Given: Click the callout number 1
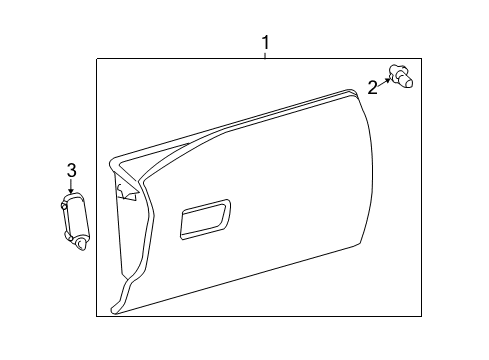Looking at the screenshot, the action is [x=265, y=43].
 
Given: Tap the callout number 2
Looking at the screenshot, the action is [x=372, y=87].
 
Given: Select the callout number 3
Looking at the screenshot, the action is [x=71, y=169].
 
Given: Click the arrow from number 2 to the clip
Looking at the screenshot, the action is [x=385, y=79].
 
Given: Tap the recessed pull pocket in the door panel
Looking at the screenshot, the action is [x=204, y=220].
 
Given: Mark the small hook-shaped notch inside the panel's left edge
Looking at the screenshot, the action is [x=124, y=188].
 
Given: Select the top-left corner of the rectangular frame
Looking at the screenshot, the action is [x=97, y=60].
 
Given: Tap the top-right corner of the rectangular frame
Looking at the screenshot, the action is [x=432, y=60].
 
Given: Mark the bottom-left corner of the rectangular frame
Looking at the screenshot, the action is [x=97, y=317].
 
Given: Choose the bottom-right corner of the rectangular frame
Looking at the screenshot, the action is [x=432, y=317].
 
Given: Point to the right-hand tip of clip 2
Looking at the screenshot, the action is [x=413, y=76].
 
